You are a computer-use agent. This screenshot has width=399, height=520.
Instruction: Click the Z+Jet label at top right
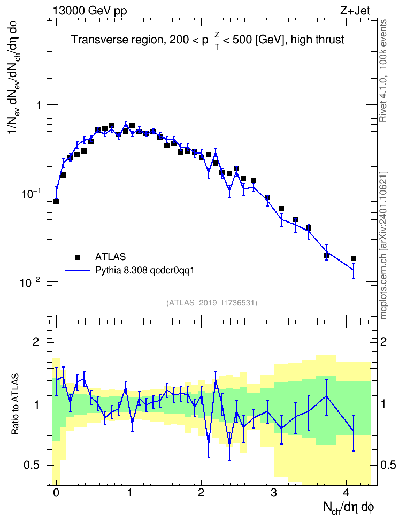(355, 11)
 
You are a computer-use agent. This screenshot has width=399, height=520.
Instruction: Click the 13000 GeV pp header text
(89, 11)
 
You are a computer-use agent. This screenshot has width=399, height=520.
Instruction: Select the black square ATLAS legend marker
(78, 257)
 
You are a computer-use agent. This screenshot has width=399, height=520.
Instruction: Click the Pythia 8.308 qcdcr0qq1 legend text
(144, 271)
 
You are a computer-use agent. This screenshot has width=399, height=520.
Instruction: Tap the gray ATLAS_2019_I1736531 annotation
(212, 303)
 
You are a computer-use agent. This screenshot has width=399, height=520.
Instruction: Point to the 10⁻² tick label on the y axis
(29, 282)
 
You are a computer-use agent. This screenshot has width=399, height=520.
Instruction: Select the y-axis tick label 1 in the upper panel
(38, 105)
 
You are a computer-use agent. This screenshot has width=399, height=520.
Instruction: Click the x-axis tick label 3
(274, 493)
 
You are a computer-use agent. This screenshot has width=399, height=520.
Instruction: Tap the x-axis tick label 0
(56, 493)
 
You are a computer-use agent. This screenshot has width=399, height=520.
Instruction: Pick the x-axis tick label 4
(346, 493)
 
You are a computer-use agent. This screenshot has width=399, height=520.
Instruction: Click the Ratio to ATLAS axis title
(15, 404)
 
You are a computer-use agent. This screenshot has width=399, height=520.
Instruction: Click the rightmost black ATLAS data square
(354, 258)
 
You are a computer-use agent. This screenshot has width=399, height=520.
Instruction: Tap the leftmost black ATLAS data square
(56, 202)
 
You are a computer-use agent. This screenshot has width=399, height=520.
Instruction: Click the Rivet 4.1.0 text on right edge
(383, 96)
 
